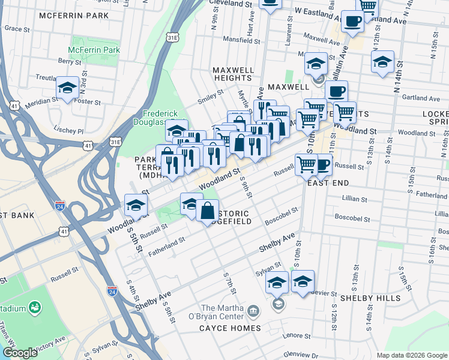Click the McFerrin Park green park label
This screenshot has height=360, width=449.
(94, 50)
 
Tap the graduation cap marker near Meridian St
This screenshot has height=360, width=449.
(68, 88)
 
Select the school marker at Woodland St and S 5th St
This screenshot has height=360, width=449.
(136, 205)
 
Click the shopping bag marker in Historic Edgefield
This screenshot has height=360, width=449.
(207, 211)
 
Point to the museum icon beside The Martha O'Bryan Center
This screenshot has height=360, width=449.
(253, 312)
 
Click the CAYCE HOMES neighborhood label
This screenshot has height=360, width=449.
(231, 328)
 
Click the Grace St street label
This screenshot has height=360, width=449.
(17, 28)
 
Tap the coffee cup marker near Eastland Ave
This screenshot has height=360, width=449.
(352, 21)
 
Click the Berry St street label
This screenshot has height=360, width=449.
(70, 61)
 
